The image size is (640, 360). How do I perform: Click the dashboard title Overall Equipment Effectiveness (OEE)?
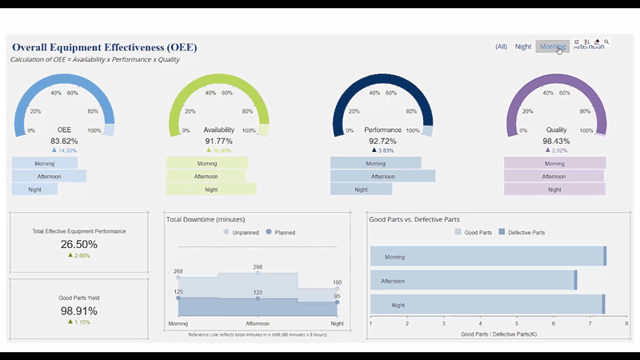[104, 47]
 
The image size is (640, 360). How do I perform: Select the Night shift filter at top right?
[523, 46]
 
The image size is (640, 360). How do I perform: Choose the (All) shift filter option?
[501, 46]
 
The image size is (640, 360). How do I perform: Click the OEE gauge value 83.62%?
[64, 141]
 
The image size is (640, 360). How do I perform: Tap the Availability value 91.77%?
[219, 141]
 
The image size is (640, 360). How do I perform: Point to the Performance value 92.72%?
[382, 141]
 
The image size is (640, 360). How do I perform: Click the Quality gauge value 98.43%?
[556, 141]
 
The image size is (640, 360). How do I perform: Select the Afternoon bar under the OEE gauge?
[48, 176]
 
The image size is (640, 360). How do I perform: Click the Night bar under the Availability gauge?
[211, 190]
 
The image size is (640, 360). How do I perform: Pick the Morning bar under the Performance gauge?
[375, 163]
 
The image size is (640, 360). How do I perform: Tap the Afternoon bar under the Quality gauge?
[554, 176]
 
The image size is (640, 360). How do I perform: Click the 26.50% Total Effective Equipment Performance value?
[78, 245]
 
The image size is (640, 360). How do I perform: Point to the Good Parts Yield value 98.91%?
[78, 310]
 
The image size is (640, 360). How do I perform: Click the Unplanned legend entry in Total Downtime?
[241, 232]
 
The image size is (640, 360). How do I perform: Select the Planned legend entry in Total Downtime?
[281, 232]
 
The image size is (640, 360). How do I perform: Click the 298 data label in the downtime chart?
[258, 267]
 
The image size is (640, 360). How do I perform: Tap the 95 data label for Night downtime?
[338, 296]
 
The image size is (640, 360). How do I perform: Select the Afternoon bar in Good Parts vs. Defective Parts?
[472, 281]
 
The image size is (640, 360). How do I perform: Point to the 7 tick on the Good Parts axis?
[590, 324]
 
